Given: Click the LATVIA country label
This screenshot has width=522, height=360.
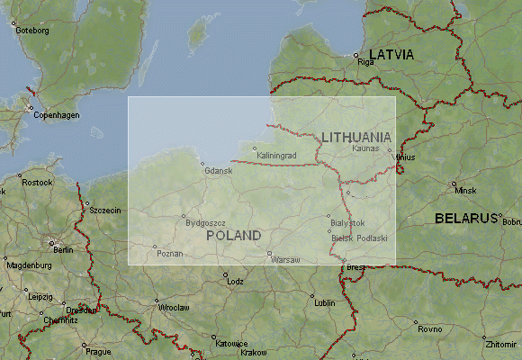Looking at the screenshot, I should (391, 55).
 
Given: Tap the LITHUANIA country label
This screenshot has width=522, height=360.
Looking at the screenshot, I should (356, 137).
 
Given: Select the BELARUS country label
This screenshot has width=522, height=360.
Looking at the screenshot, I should (465, 218).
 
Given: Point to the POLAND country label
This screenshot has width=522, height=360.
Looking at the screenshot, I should (233, 236).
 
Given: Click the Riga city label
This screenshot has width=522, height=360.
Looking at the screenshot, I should (364, 62).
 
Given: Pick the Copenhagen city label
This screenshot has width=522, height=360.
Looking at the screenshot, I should (57, 115).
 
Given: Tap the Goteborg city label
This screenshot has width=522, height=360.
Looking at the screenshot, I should (32, 30).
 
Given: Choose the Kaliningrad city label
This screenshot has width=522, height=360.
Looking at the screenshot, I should (276, 156).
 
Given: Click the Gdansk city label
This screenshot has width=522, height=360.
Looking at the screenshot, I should (218, 170).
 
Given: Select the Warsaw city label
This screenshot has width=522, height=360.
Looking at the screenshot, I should (285, 259).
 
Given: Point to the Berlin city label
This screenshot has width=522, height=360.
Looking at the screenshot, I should (62, 249).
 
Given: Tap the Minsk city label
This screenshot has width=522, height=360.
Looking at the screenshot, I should (465, 191).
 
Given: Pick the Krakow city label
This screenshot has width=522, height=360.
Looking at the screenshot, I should (254, 353).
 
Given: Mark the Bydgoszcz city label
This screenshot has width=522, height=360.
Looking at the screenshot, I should (205, 222).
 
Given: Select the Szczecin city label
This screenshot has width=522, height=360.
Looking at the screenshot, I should (103, 210).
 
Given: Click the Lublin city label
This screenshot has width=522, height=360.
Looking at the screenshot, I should (325, 302).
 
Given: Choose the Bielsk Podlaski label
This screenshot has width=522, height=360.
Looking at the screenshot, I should (358, 238).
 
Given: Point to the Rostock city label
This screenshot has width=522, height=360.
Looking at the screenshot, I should (37, 183).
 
